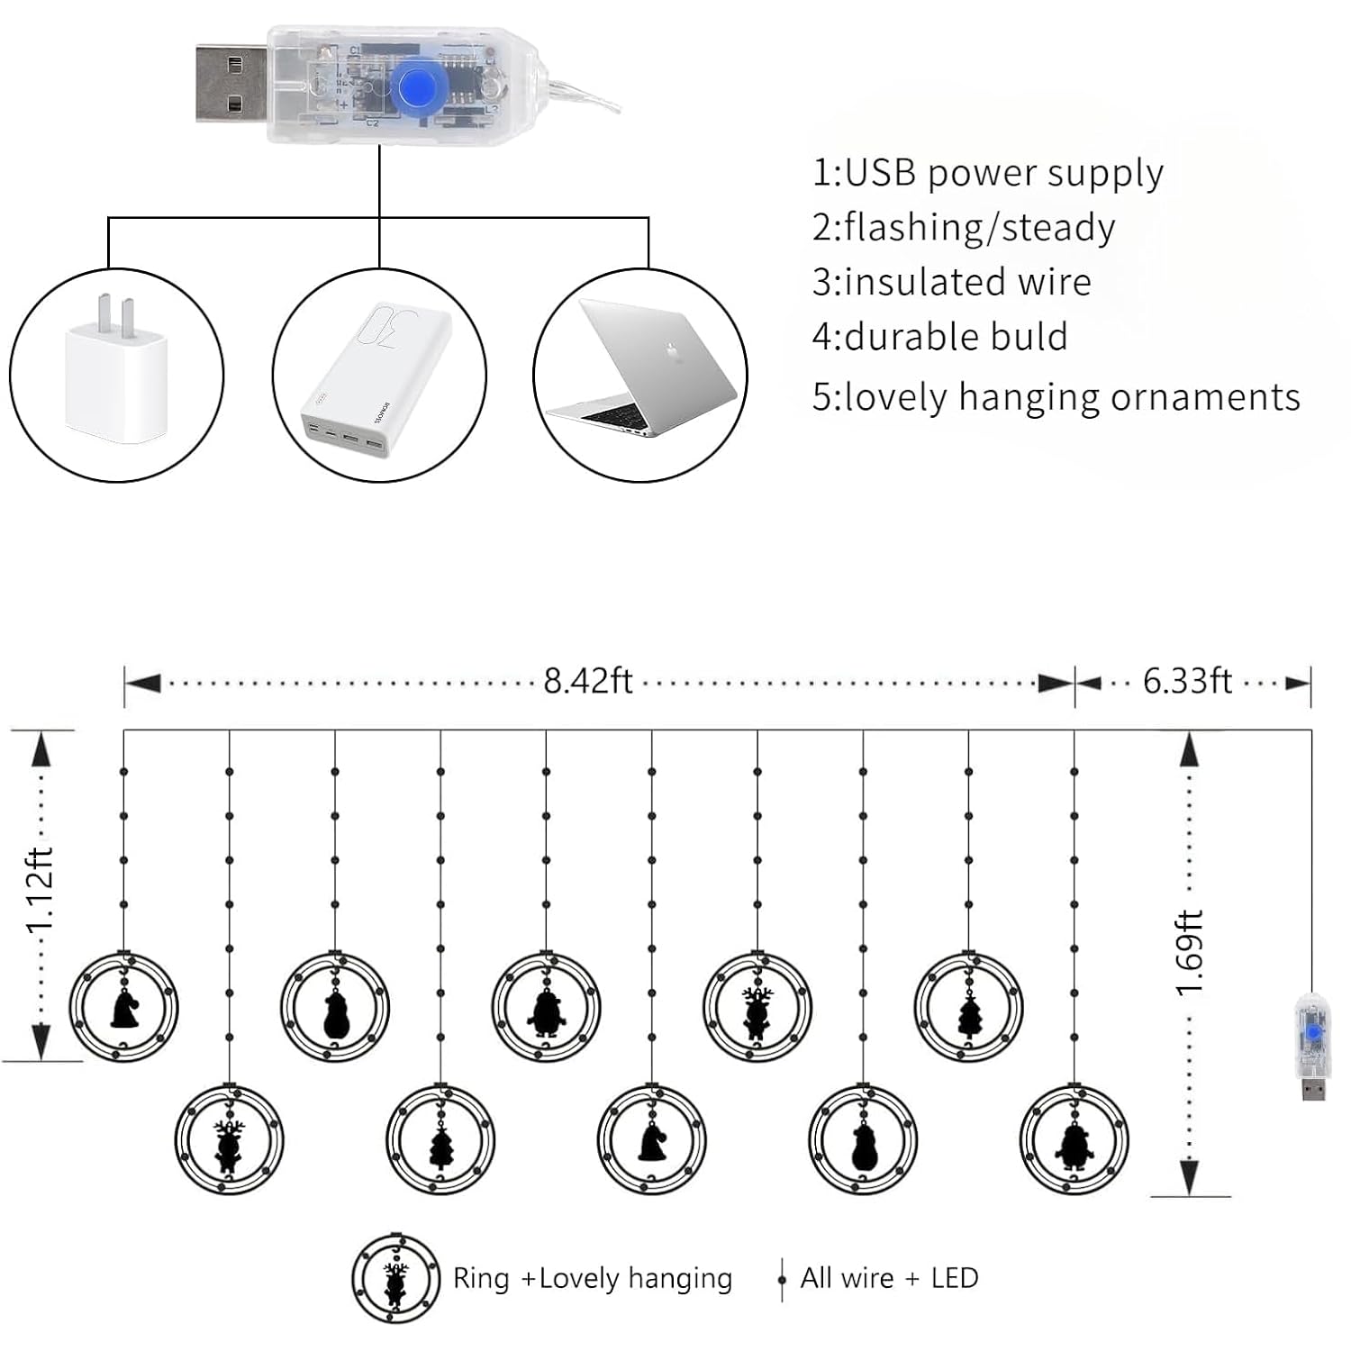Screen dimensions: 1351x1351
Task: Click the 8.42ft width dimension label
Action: coord(588,681)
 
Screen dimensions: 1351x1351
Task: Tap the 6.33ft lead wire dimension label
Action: coord(1187,681)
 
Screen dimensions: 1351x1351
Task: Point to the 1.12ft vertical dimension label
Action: coord(41,892)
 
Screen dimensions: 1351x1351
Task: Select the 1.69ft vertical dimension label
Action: coord(1190,953)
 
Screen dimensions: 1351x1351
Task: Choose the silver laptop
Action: coord(642,369)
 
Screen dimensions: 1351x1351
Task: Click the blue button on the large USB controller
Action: coord(414,87)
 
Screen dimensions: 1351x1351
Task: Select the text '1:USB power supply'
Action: coord(988,173)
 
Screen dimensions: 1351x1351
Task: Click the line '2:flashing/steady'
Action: coord(964,228)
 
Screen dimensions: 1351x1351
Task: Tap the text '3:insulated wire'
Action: coord(951,282)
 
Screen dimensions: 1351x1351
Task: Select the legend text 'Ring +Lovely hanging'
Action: coord(593,1279)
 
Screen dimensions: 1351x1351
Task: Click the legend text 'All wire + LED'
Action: coord(889,1277)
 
